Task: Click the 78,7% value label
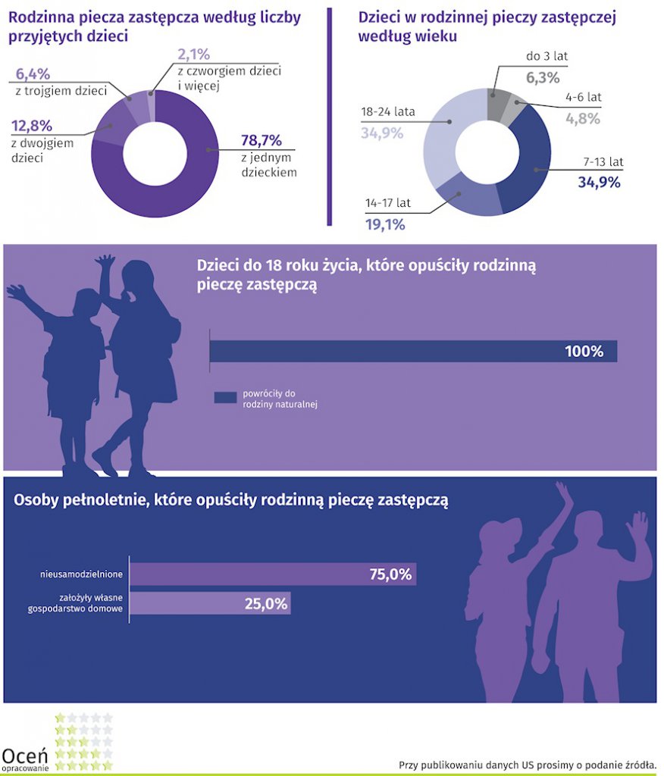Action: coord(262,140)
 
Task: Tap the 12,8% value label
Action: coord(32,126)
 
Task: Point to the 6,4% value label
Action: coord(33,74)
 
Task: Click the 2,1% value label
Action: coord(193,55)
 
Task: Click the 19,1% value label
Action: coord(385,224)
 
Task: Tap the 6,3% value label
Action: coord(543,77)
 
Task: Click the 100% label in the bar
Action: coord(584,352)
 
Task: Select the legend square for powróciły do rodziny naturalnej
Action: coord(226,399)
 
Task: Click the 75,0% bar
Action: coord(273,574)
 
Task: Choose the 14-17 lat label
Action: coord(387,203)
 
